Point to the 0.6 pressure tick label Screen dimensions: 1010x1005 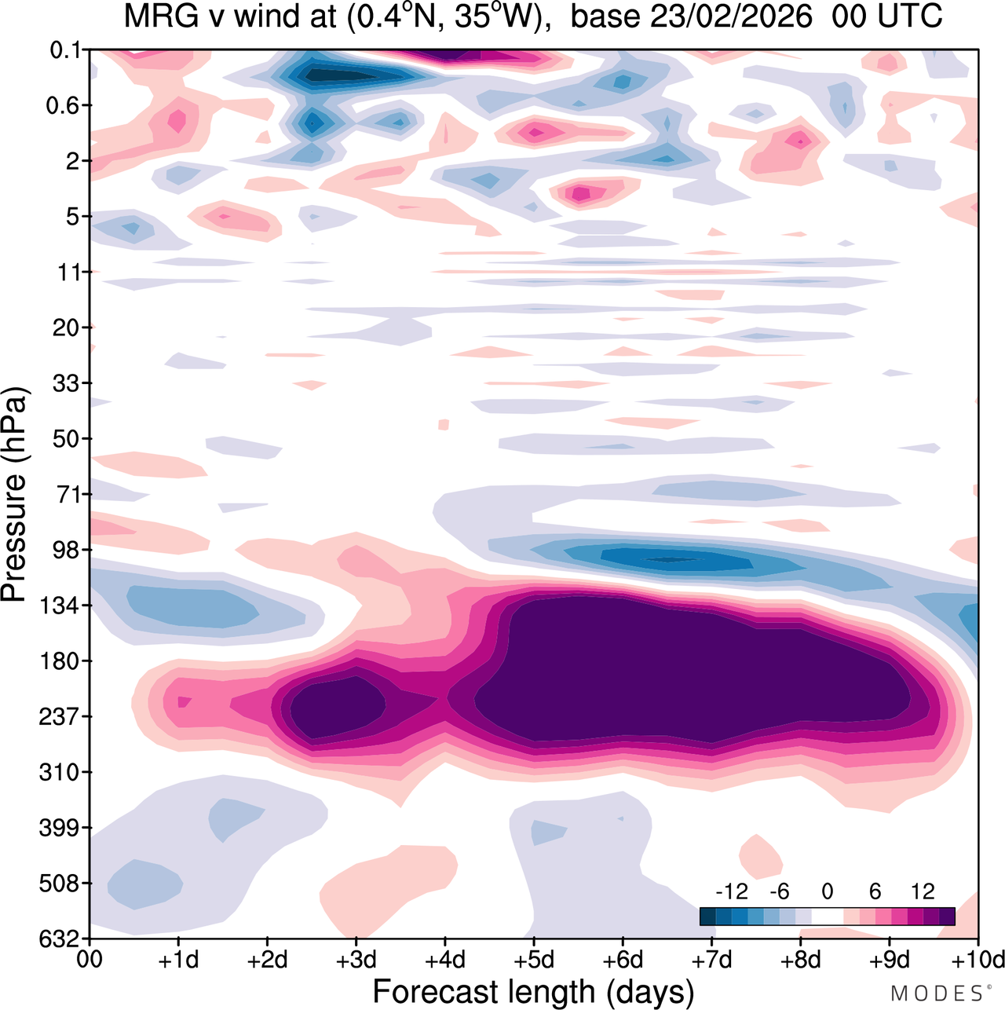coord(64,105)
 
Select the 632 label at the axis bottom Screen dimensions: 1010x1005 coord(59,939)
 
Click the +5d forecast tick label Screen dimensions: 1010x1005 coord(534,960)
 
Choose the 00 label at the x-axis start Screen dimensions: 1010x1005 coord(90,960)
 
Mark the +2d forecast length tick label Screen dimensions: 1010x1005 coord(267,960)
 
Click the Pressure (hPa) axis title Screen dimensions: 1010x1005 coord(14,495)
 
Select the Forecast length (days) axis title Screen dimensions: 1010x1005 coord(533,992)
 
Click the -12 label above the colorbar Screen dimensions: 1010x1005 coord(731,891)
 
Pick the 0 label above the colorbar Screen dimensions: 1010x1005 coord(827,891)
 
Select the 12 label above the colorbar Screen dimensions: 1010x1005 coord(923,891)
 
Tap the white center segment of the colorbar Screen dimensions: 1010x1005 coord(827,916)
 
